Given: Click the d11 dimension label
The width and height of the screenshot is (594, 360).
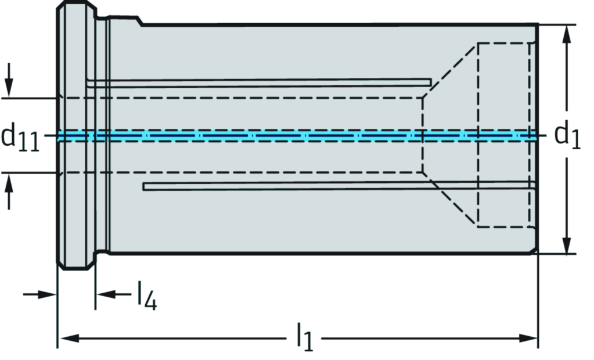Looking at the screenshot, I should point(21,137).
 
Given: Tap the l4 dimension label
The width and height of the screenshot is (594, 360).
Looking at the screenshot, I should point(147,296).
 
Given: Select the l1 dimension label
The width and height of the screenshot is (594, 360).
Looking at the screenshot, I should point(304,338).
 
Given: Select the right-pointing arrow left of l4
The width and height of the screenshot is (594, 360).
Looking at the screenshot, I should point(46,294).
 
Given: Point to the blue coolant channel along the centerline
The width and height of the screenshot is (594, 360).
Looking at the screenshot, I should point(290,136).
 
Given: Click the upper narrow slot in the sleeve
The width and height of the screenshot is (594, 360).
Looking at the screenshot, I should point(261,83).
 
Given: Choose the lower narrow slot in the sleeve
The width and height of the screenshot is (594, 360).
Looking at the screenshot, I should point(337,186).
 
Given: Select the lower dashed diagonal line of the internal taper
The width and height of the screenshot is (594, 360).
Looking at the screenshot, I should point(450,200).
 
